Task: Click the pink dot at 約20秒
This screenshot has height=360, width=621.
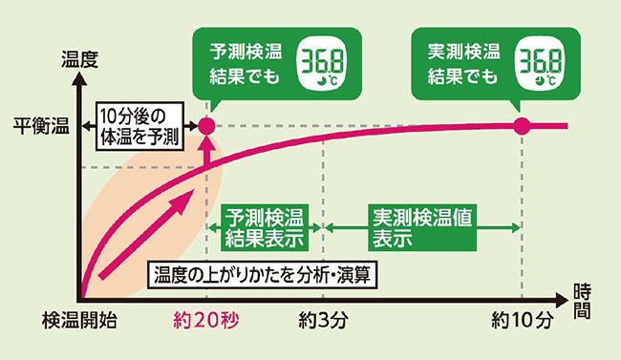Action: [x=204, y=126]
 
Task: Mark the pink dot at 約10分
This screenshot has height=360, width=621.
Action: [x=522, y=126]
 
